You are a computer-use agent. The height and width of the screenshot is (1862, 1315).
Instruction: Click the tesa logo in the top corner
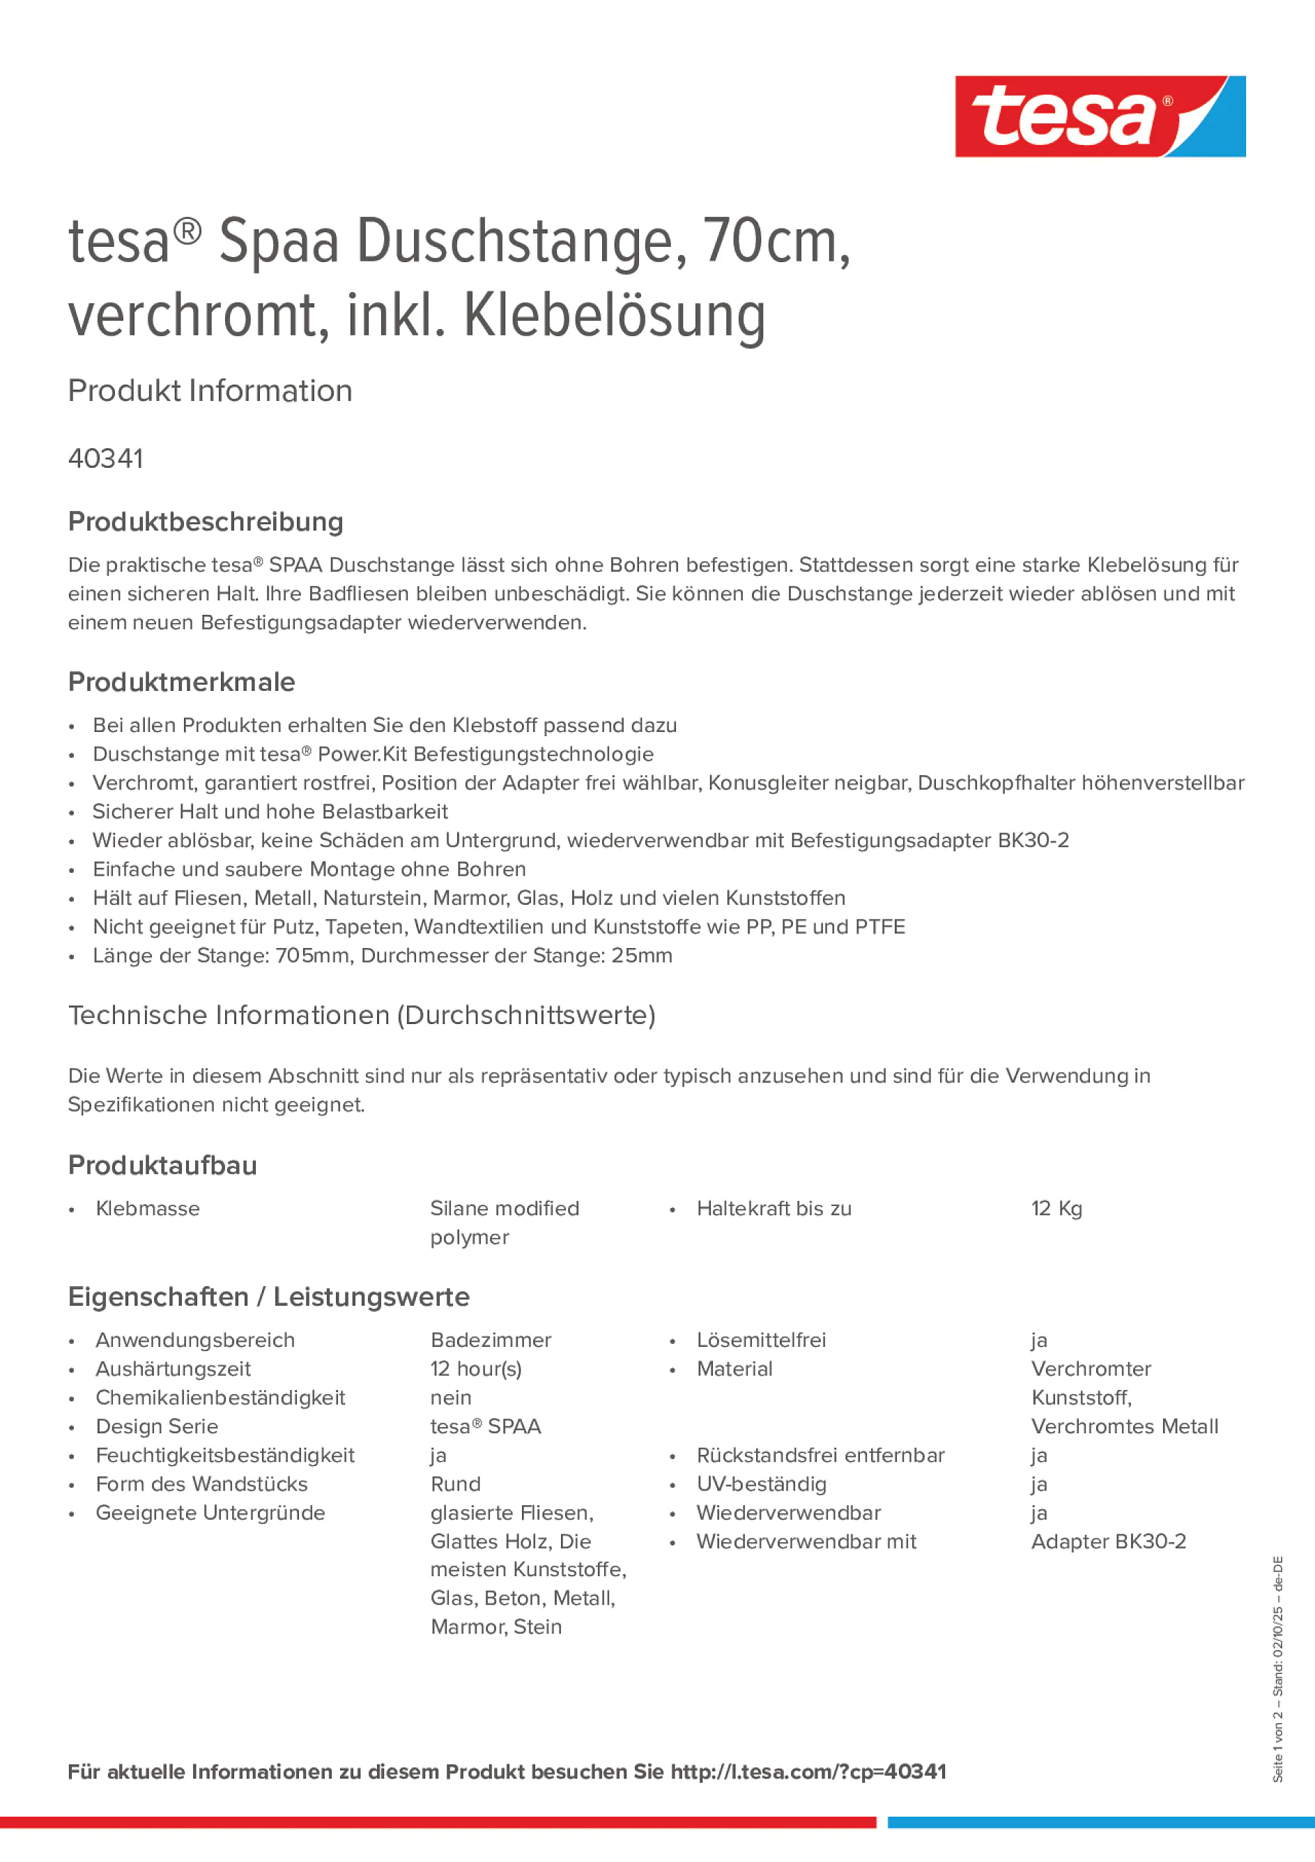[x=1100, y=116]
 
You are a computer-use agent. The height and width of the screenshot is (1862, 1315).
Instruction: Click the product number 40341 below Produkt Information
[x=105, y=459]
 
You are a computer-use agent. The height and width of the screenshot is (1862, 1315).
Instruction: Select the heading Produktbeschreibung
[x=205, y=521]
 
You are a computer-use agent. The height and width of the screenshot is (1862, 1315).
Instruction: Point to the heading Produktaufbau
[x=162, y=1166]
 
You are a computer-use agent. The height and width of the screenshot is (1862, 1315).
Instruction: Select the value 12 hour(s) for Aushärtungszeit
[x=476, y=1369]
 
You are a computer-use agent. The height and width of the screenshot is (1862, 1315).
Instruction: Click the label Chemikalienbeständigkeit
[x=220, y=1397]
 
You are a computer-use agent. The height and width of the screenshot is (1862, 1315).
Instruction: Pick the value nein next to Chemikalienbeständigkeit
[x=451, y=1397]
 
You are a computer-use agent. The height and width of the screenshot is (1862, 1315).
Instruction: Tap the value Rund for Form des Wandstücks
[x=456, y=1484]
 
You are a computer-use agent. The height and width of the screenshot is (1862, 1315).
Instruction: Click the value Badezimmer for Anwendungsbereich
[x=491, y=1340]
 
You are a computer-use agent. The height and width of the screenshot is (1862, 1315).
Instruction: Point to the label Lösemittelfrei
[x=760, y=1340]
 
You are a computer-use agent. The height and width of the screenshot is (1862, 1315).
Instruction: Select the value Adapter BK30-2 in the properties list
[x=1107, y=1541]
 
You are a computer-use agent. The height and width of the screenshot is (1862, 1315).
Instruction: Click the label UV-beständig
[x=760, y=1484]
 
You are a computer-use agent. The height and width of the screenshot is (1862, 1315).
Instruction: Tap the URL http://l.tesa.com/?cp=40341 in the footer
[x=808, y=1772]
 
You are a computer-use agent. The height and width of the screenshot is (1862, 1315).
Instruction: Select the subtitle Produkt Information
[x=210, y=391]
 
